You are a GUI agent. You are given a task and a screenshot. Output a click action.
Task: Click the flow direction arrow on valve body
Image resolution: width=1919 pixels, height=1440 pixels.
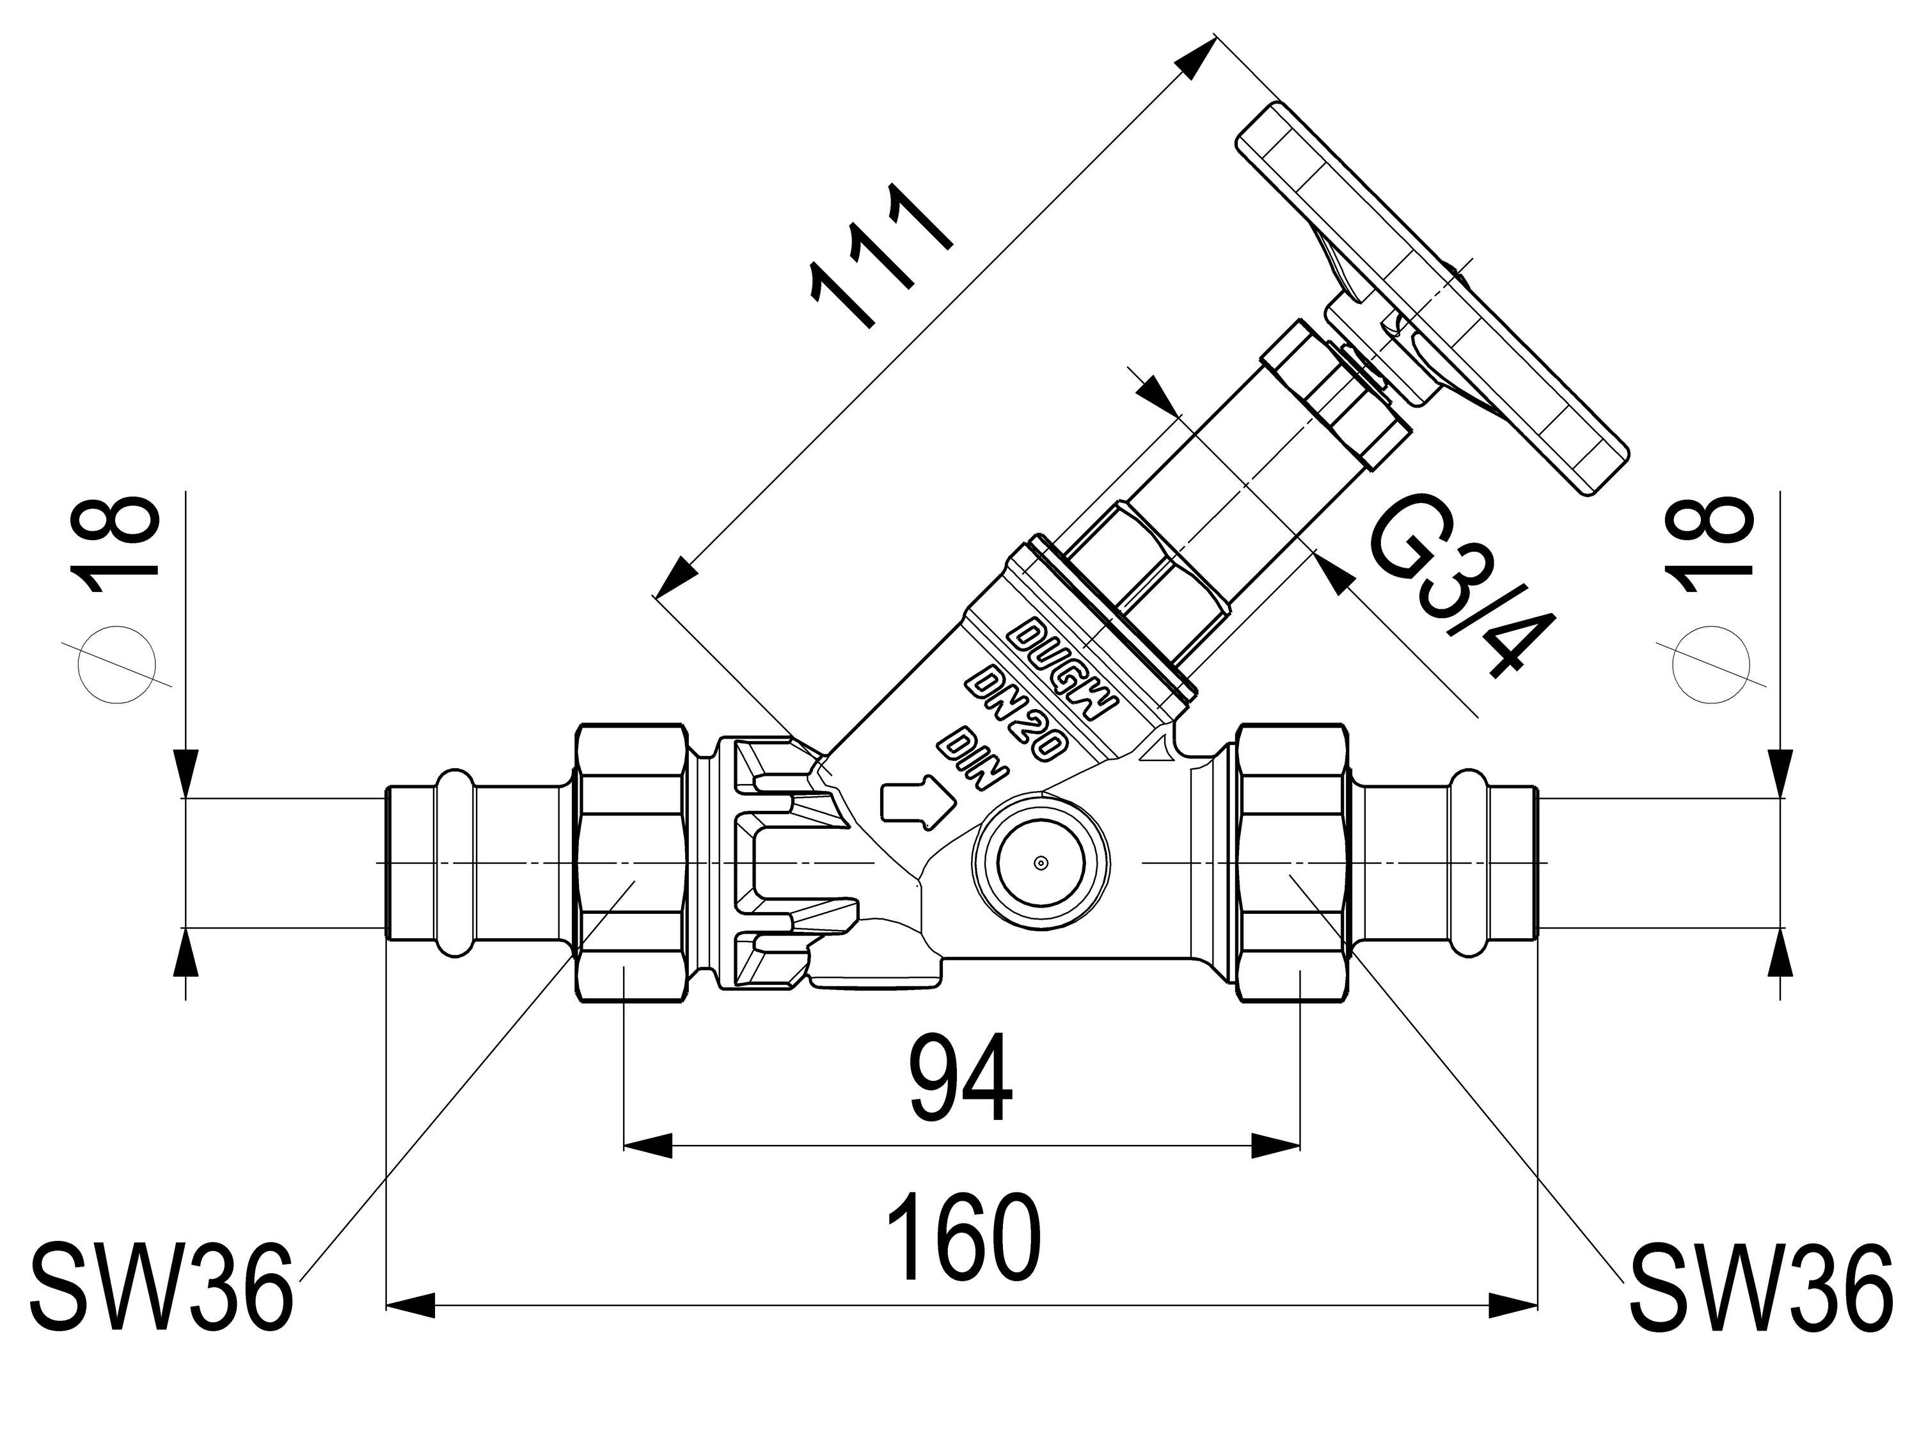coord(916,797)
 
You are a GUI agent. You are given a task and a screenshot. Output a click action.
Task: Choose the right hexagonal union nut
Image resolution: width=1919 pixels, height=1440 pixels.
coord(1293,863)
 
